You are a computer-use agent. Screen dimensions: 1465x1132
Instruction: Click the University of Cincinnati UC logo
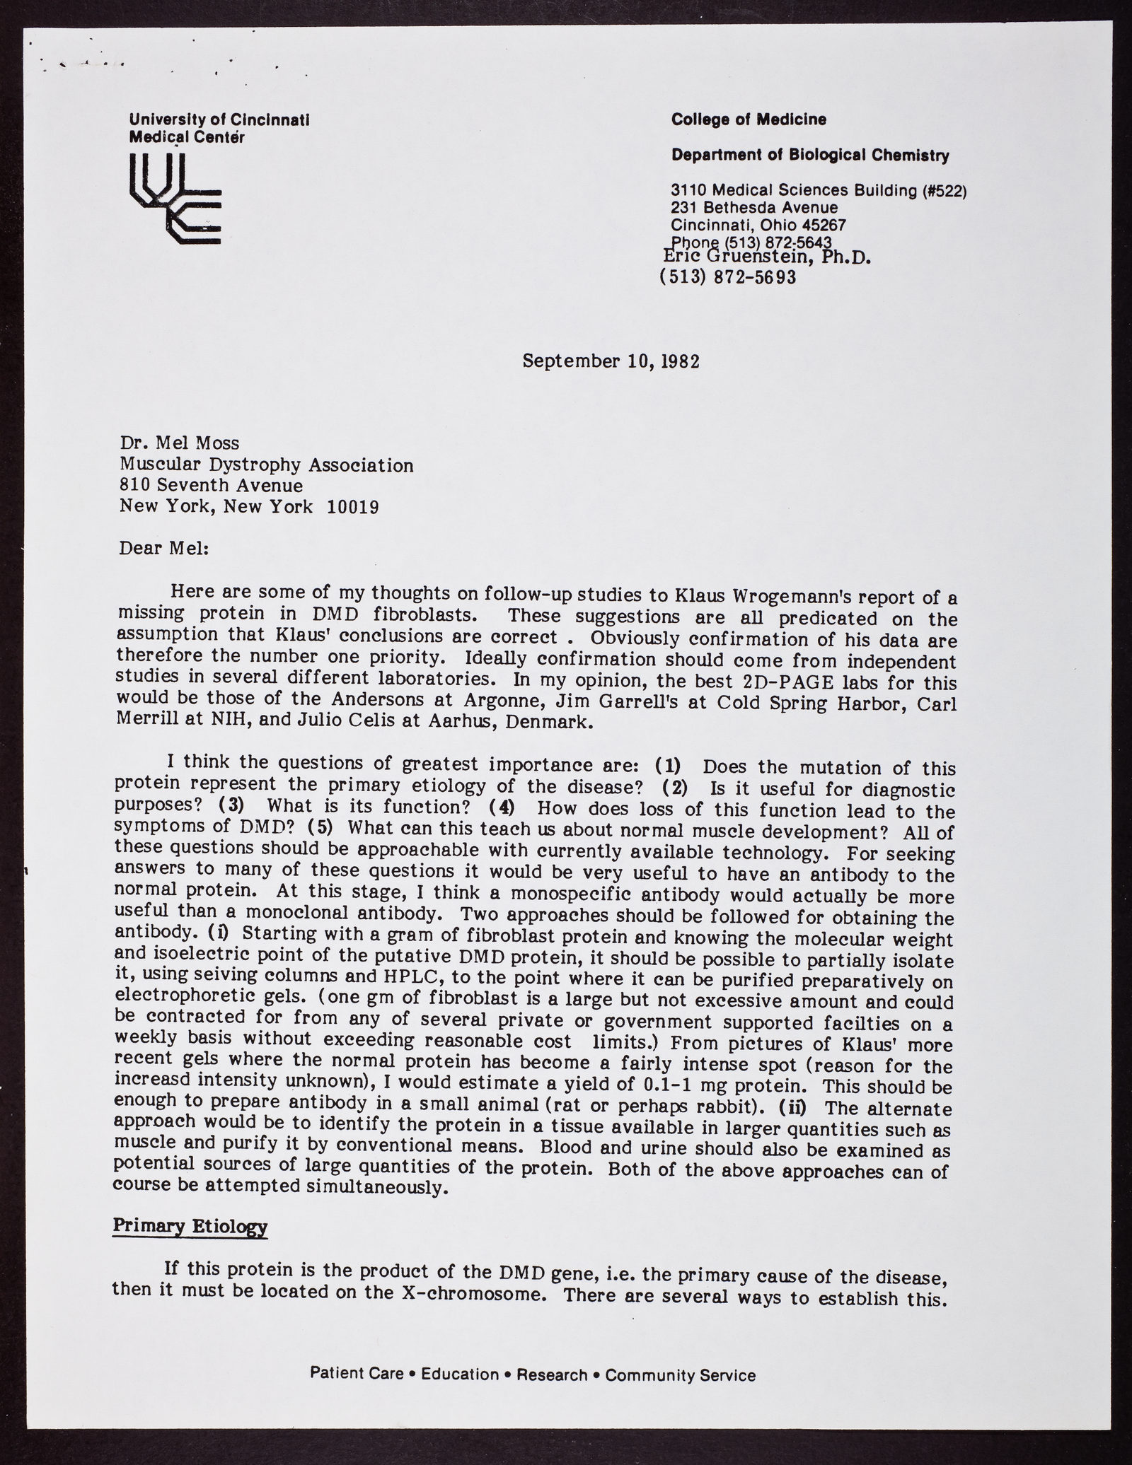coord(175,199)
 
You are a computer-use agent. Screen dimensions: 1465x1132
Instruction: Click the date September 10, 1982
coord(611,361)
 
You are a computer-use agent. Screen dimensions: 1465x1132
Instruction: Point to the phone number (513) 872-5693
coord(727,277)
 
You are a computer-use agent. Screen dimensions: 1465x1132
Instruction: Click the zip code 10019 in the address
coord(354,507)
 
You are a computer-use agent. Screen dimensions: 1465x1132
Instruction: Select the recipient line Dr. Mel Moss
coord(180,443)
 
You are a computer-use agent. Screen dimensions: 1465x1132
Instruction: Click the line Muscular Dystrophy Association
coord(267,465)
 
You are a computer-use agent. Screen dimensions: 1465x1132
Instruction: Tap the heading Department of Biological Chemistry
coord(810,155)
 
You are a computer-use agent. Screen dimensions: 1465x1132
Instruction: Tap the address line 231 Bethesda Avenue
coord(754,208)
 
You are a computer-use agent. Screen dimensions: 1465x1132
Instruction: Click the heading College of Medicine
coord(749,119)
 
